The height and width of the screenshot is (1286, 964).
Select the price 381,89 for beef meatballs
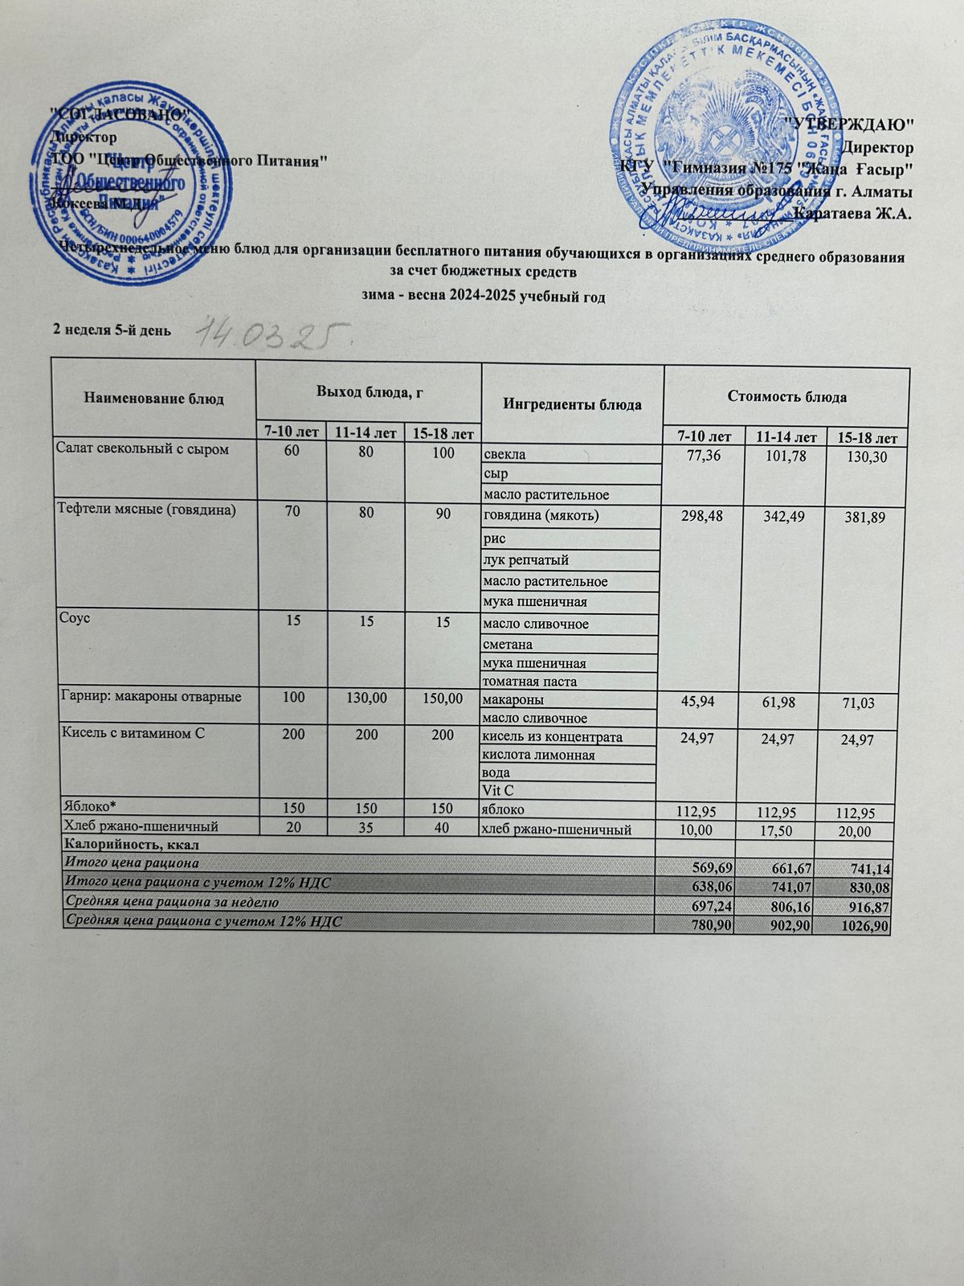(x=863, y=518)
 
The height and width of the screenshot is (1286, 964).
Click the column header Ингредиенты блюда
(x=572, y=404)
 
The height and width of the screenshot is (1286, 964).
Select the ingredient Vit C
(x=496, y=791)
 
